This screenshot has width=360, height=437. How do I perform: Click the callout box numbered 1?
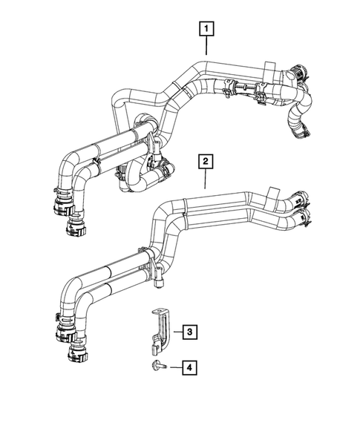tap(206, 30)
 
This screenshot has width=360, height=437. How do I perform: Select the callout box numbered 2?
tap(206, 160)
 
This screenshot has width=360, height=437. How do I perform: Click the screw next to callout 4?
tap(159, 366)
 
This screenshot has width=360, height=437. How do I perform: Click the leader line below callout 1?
tap(206, 47)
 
